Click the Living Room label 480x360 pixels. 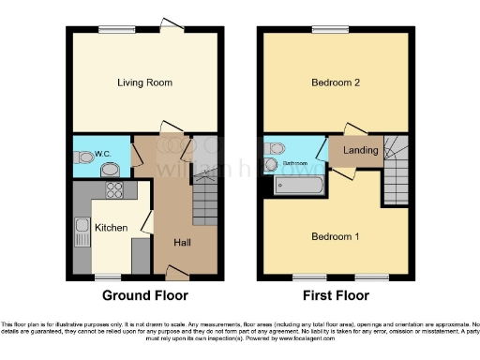pyautogui.click(x=144, y=82)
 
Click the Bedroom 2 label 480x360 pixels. pyautogui.click(x=336, y=82)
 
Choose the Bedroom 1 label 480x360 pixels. pyautogui.click(x=336, y=236)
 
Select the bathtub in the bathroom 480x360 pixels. pyautogui.click(x=298, y=187)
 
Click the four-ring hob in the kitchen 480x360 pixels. pyautogui.click(x=116, y=190)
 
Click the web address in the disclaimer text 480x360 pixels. pyautogui.click(x=386, y=337)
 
